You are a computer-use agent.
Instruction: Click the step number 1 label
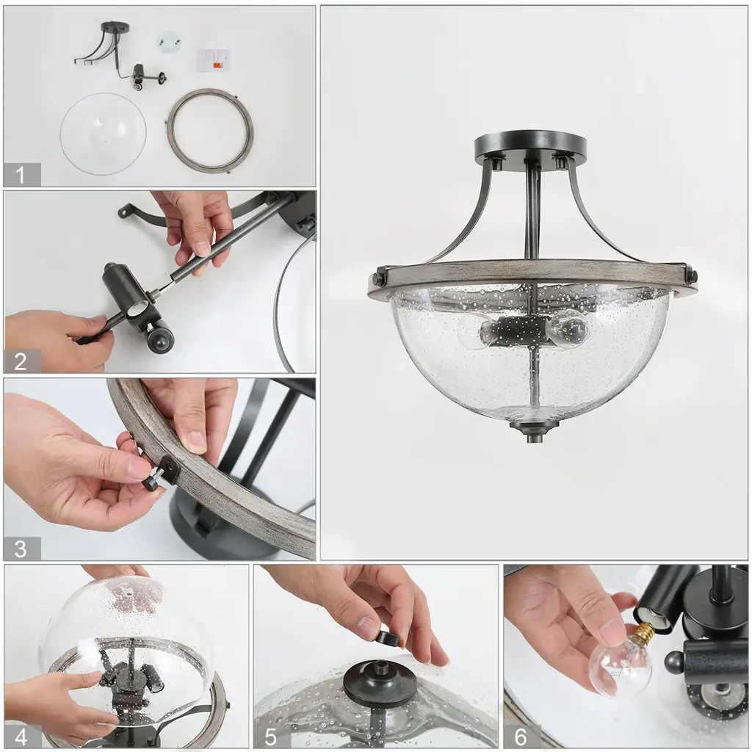click(x=20, y=175)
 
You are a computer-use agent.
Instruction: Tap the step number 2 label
click(x=20, y=361)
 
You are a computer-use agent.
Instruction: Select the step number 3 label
click(x=20, y=549)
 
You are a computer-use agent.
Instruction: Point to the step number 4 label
click(x=21, y=737)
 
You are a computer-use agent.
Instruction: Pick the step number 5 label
click(x=270, y=737)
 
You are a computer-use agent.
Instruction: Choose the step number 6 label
click(x=521, y=737)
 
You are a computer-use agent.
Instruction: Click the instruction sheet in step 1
click(x=214, y=59)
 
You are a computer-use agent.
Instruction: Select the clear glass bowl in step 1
click(x=103, y=134)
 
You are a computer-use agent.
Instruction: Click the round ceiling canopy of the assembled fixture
click(x=530, y=146)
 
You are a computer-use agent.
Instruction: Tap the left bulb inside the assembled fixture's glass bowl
click(x=475, y=330)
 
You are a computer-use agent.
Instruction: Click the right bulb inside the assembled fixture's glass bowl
click(x=568, y=330)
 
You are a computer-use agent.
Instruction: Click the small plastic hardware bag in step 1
click(x=168, y=42)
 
